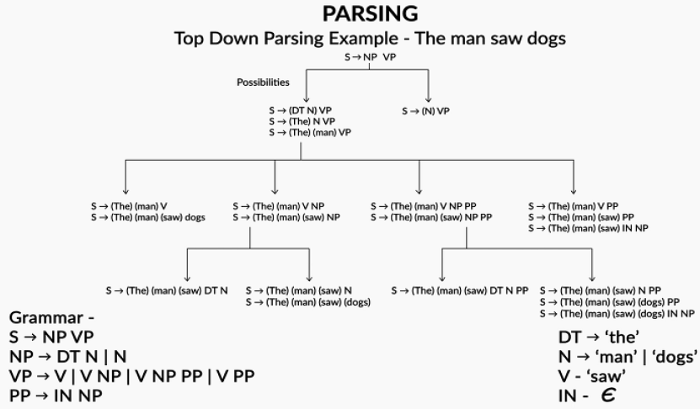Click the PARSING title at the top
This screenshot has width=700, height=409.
coord(369,14)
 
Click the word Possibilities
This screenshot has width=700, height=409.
coord(263,82)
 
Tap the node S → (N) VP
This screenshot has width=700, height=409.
coord(425,110)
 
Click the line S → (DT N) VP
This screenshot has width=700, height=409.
coord(302,110)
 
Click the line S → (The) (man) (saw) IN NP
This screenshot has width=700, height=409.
coord(588,227)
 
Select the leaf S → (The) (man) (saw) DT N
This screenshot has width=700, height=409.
coord(167,290)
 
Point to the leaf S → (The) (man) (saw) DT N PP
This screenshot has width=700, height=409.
coord(459,290)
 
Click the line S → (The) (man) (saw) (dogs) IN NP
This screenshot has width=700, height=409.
coord(617,313)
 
